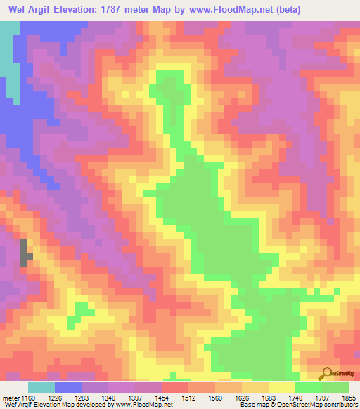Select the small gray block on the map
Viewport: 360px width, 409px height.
pos(25,252)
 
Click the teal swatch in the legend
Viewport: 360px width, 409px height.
pos(41,388)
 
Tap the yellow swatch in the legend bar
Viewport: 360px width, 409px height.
pos(282,388)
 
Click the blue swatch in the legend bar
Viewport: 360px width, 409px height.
pos(68,388)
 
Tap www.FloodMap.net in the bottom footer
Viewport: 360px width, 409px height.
pos(146,405)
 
